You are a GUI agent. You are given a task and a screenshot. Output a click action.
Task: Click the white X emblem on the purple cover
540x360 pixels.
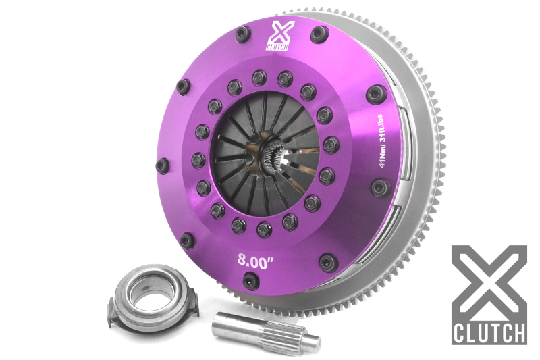[x=279, y=31]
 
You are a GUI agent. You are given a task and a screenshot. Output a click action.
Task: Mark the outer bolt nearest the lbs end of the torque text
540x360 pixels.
[x=375, y=94]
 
